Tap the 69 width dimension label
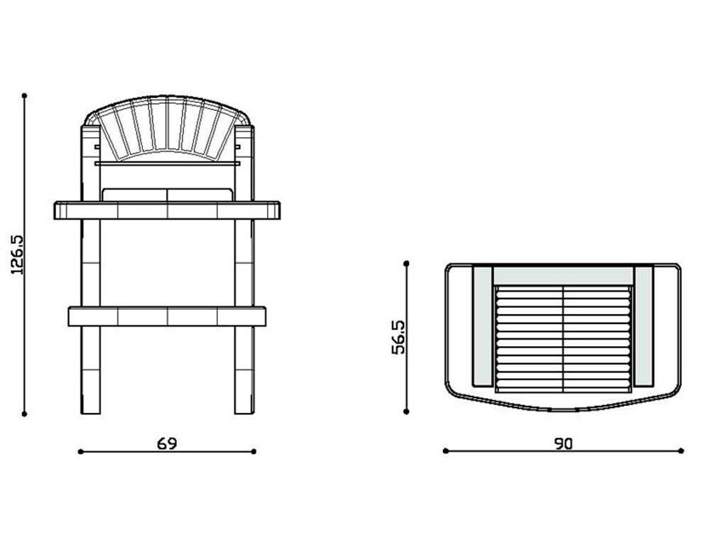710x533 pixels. [167, 443]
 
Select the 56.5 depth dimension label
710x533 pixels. [399, 336]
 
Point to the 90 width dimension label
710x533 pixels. [563, 443]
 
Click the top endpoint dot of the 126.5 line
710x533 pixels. [25, 95]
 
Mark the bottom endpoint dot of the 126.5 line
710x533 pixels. [25, 413]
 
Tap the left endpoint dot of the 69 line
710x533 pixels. [80, 451]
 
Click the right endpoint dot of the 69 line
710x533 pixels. [254, 451]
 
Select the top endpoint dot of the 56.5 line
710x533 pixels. [407, 264]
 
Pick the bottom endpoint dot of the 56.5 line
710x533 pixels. [407, 411]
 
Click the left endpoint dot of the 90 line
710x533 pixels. [445, 451]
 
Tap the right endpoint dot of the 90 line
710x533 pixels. [681, 451]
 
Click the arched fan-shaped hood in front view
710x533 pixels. [168, 128]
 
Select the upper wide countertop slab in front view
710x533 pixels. [168, 210]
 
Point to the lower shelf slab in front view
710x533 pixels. [168, 316]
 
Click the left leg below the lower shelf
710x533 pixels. [91, 370]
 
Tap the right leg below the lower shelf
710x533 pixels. [244, 370]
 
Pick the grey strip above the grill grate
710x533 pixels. [563, 276]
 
